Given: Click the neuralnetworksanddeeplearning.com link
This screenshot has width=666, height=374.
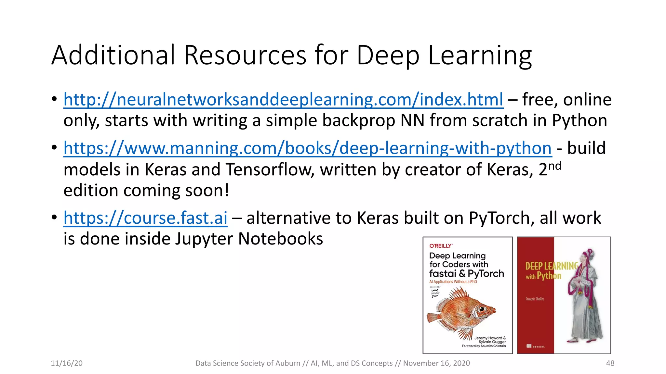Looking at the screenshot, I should point(283,100).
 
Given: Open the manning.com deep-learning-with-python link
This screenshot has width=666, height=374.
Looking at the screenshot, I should point(307,148).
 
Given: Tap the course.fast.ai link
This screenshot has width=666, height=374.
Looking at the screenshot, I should point(145,218).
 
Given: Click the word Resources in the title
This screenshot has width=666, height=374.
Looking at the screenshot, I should point(245,55).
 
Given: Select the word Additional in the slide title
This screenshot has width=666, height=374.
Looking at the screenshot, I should point(113,55).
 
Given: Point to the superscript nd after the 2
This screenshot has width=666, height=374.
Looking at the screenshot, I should point(555,166).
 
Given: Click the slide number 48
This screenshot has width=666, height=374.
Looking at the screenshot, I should point(610,363).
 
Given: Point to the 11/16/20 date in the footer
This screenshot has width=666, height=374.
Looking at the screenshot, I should point(67,363).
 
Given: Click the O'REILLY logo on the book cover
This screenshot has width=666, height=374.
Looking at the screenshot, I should point(441,246).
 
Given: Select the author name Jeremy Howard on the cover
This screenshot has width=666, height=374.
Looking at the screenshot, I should point(490,338).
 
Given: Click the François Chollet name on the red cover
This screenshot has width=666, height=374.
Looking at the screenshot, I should point(535,299).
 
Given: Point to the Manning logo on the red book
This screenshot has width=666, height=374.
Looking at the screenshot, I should point(535,346).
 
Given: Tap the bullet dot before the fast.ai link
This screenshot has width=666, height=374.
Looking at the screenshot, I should point(54,217).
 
